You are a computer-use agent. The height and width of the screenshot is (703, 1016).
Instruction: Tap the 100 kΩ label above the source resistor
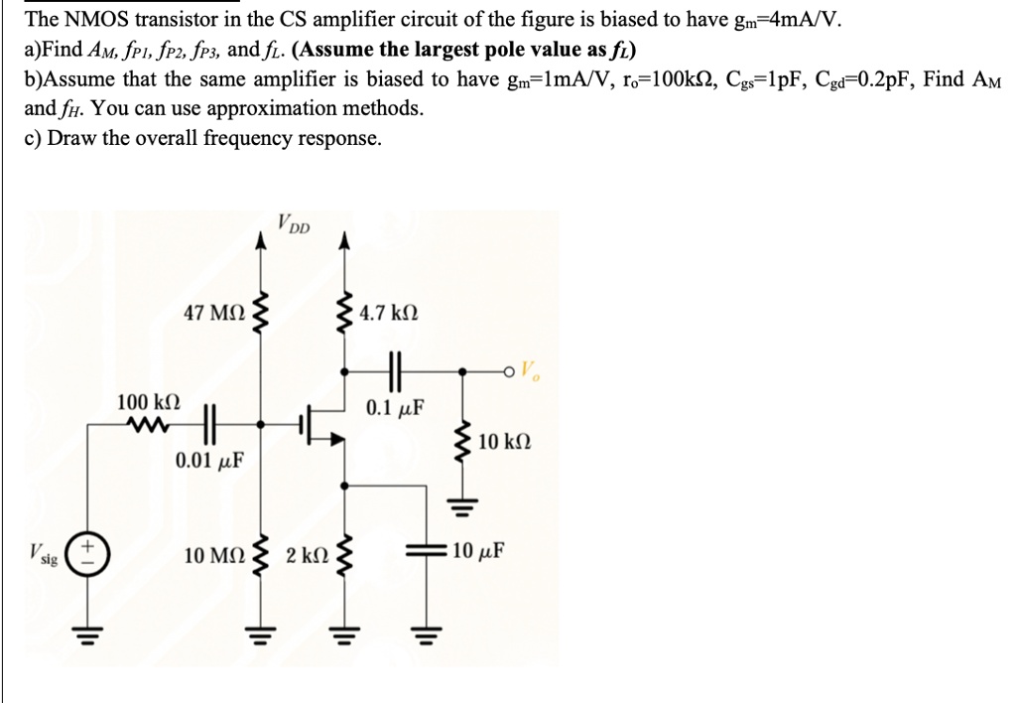click(x=148, y=402)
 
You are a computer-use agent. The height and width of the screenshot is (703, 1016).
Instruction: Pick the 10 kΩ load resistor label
click(x=509, y=442)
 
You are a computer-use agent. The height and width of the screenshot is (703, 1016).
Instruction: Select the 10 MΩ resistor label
click(x=214, y=553)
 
